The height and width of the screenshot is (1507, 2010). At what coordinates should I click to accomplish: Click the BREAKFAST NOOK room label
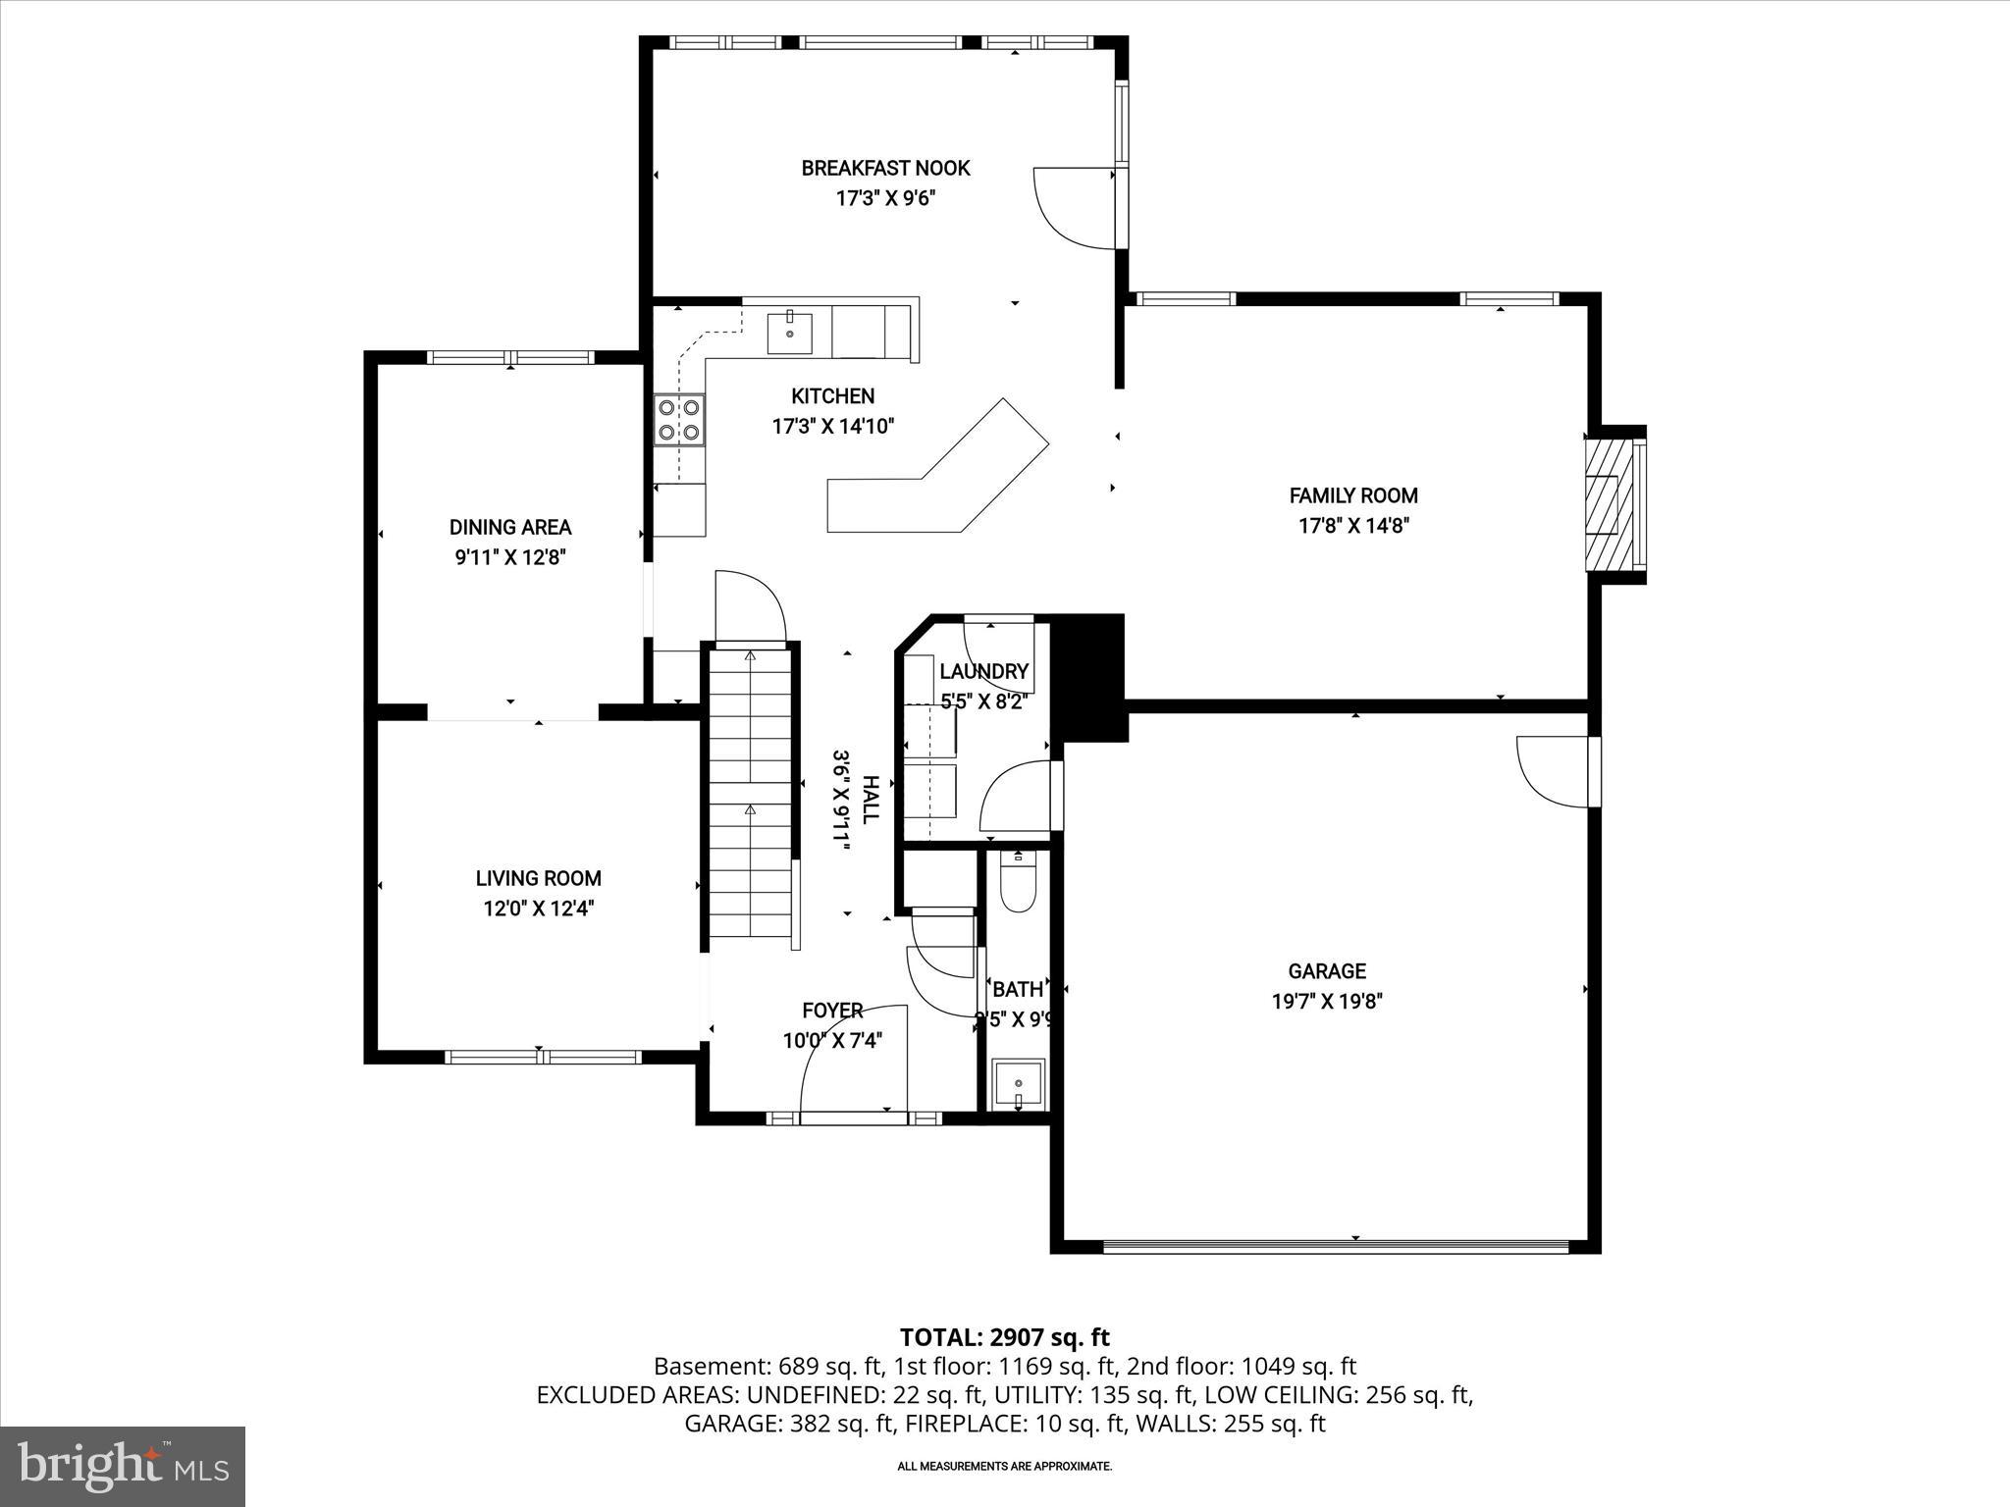coord(885,168)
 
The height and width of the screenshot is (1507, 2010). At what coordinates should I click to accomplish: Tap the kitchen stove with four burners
coord(679,419)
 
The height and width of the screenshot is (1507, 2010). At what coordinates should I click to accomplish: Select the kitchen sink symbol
coord(790,333)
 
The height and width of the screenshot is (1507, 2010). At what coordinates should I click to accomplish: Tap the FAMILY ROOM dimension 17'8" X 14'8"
coord(1353,526)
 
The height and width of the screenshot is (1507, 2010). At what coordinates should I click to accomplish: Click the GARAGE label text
coord(1327,971)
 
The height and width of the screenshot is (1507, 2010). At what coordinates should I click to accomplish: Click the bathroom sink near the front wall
coord(1019,1084)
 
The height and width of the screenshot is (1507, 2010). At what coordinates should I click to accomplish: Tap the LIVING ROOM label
coord(538,879)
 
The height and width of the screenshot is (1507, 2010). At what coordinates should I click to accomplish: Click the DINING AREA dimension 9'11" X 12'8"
coord(510,558)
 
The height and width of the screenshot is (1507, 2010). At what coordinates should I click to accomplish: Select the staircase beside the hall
coord(751,795)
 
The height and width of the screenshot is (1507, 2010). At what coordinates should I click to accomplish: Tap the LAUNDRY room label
coord(983,672)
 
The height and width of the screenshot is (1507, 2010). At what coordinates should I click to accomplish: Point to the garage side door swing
coord(1553,770)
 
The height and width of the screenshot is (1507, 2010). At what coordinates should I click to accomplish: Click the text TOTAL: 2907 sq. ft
coord(1004,1337)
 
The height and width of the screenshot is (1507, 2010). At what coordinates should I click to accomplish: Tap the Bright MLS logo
coord(123,1467)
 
